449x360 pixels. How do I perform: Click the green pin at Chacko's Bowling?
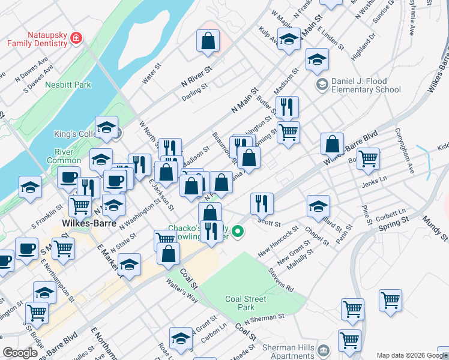238,230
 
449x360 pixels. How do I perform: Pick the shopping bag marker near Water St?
207,41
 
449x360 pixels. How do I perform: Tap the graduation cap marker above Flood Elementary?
317,59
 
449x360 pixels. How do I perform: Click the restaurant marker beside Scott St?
262,203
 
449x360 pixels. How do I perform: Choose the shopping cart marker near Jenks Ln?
368,158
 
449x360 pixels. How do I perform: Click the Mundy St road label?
434,230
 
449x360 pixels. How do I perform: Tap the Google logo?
20,353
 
